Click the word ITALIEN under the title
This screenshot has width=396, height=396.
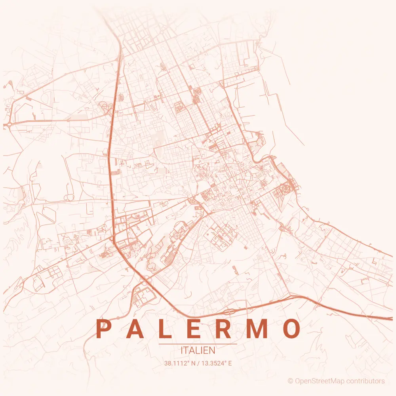pyautogui.click(x=198, y=350)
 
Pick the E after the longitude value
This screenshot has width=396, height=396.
pyautogui.click(x=230, y=363)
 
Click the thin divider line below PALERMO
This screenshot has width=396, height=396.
pyautogui.click(x=198, y=344)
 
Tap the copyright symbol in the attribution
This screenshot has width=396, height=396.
pyautogui.click(x=290, y=381)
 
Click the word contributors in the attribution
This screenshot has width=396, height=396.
pyautogui.click(x=366, y=381)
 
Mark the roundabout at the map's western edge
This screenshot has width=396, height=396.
pyautogui.click(x=7, y=125)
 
